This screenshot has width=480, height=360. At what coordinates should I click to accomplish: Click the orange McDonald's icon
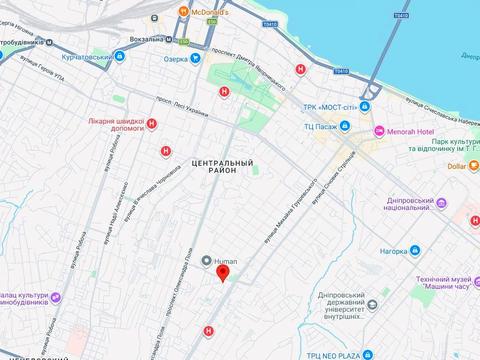click(184, 12)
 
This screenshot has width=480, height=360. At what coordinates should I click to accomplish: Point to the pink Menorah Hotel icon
click(378, 131)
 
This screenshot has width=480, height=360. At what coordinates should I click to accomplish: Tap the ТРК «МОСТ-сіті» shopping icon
click(366, 106)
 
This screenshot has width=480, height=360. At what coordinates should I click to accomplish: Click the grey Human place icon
click(206, 262)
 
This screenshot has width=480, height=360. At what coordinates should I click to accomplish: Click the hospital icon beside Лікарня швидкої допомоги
click(151, 125)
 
